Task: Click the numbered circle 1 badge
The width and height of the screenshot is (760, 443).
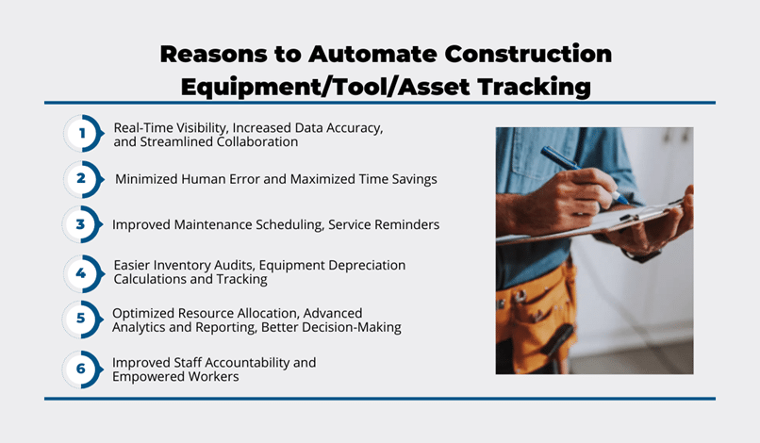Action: point(83,133)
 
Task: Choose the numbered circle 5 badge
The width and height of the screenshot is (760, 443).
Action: point(82,319)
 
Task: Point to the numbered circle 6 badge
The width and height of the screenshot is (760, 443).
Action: point(82,369)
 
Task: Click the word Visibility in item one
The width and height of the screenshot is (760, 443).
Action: point(202,128)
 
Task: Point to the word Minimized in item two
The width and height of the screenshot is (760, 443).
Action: point(146,179)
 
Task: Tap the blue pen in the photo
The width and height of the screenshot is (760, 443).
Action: point(584,174)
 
